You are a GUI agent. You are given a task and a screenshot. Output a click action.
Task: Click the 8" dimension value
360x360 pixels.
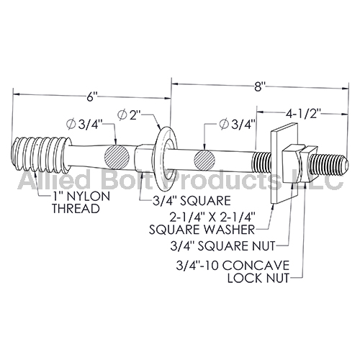258,86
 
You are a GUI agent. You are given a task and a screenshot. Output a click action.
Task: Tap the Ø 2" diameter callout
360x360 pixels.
129,115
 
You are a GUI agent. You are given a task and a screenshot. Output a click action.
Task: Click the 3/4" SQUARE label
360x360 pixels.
192,201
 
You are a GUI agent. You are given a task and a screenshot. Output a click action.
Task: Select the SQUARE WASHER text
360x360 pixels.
202,230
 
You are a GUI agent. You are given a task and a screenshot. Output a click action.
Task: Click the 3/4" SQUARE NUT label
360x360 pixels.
222,246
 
